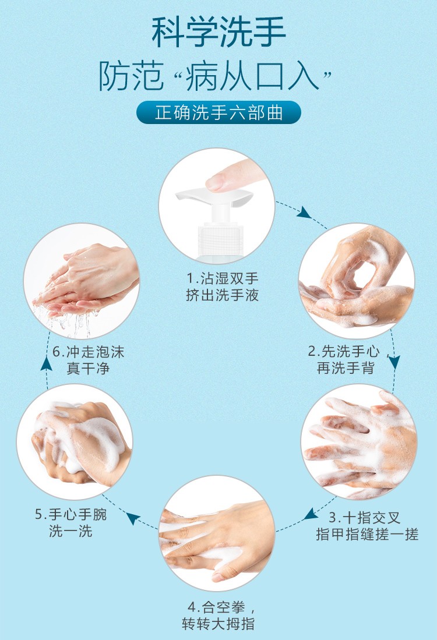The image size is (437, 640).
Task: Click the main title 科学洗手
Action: tap(218, 33)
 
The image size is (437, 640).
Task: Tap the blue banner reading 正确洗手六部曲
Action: tap(218, 112)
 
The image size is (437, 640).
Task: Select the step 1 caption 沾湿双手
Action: tap(223, 279)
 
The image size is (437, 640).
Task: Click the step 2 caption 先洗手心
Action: tap(343, 351)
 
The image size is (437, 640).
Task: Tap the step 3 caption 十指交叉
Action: tap(365, 518)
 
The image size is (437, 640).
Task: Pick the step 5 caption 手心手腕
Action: tap(71, 514)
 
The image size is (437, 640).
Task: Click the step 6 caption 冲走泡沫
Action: tap(89, 352)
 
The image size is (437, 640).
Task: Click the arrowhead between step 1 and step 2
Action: tap(304, 212)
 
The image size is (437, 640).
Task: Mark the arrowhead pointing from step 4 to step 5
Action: tap(133, 518)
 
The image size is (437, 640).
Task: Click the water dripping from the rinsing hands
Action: tap(68, 320)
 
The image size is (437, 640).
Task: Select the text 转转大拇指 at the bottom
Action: tap(218, 624)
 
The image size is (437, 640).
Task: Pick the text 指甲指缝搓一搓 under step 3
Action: tap(367, 534)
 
